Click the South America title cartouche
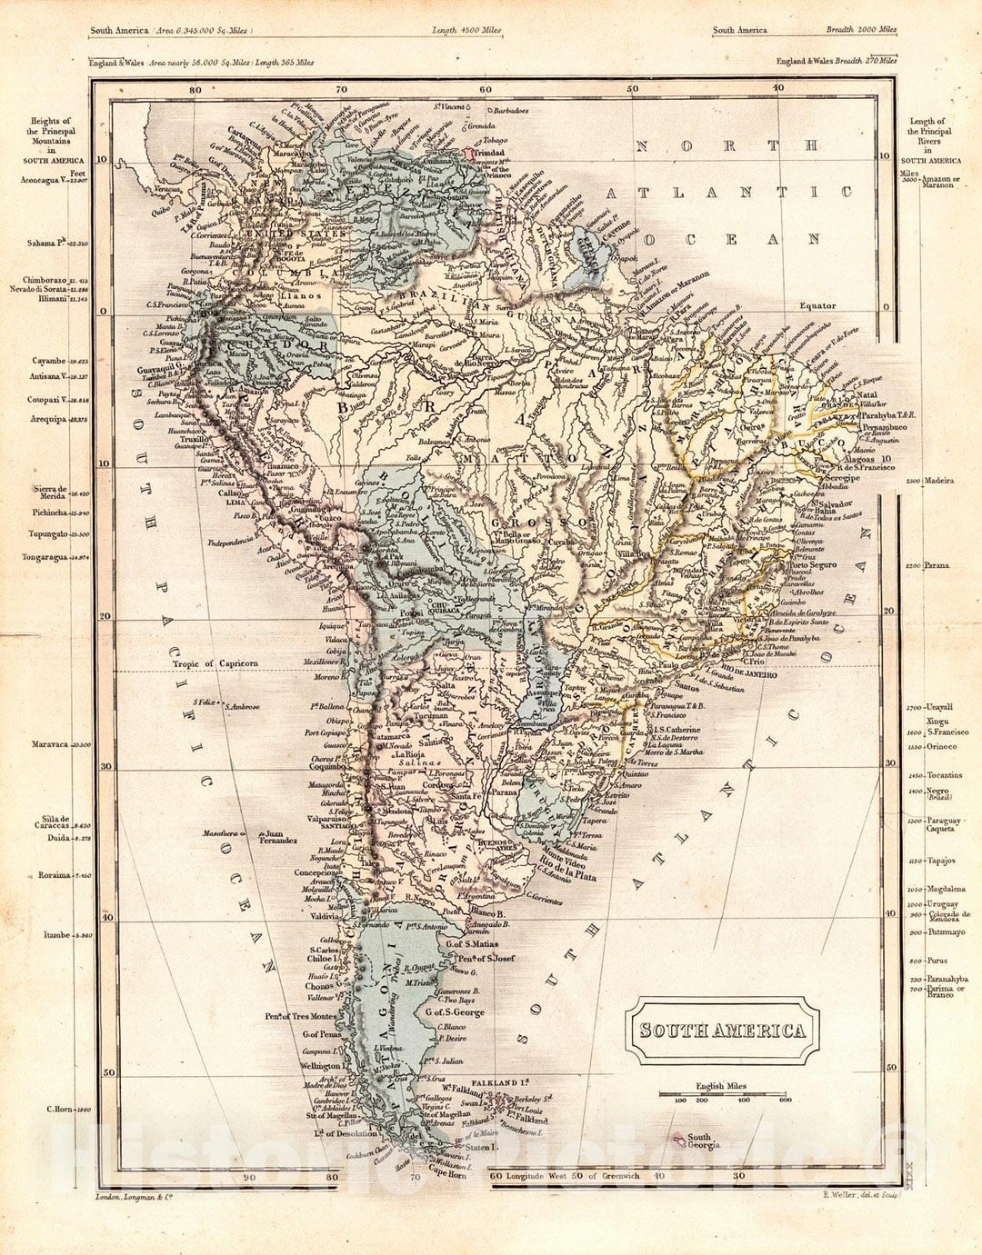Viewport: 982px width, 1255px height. point(724,1031)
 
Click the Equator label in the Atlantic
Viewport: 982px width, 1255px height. point(817,306)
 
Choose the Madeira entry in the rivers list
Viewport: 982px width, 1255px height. point(939,481)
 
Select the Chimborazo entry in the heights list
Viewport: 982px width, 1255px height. point(39,281)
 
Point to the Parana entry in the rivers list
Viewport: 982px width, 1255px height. point(937,565)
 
